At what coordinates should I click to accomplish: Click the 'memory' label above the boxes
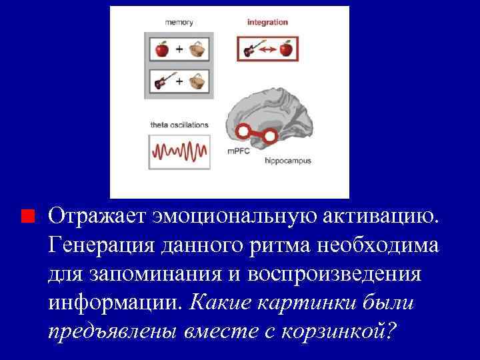click(x=179, y=22)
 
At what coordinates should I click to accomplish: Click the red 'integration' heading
click(x=267, y=22)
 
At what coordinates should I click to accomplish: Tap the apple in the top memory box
click(x=161, y=49)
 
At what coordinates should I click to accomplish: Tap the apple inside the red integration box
click(x=286, y=49)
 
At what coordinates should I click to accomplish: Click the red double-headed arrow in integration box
click(x=268, y=50)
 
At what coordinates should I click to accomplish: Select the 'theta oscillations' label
click(x=179, y=125)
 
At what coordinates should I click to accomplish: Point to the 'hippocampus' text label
click(x=287, y=161)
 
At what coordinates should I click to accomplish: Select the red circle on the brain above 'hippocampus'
click(x=271, y=137)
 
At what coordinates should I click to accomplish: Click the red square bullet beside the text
click(x=26, y=217)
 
